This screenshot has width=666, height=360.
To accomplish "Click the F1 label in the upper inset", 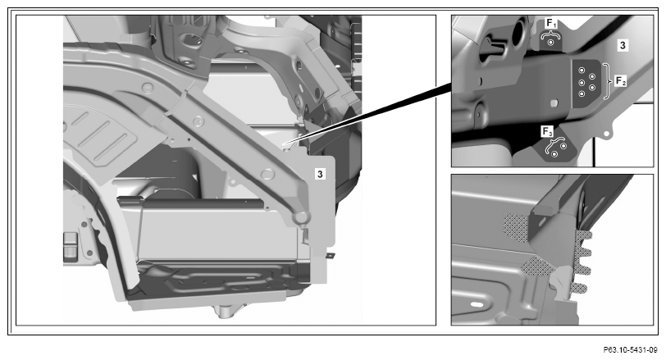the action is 551,24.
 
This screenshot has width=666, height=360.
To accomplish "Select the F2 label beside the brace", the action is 621,80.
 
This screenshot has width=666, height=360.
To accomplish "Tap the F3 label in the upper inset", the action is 547,131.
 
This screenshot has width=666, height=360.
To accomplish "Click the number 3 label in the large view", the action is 320,174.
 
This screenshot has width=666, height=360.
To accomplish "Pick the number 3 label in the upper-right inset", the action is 623,45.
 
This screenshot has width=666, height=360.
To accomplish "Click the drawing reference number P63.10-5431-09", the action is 630,350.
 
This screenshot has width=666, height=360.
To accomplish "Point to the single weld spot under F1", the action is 551,42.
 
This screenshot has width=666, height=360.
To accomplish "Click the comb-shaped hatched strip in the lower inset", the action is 581,262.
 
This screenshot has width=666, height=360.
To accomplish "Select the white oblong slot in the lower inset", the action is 477,305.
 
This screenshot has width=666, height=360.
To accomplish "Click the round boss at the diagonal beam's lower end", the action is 300,217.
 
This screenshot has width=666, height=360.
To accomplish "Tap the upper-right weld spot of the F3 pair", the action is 563,146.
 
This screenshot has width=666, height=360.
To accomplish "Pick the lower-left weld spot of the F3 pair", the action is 554,154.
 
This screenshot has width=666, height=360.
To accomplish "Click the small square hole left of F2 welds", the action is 554,103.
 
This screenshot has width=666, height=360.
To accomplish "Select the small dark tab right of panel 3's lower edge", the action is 330,256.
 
